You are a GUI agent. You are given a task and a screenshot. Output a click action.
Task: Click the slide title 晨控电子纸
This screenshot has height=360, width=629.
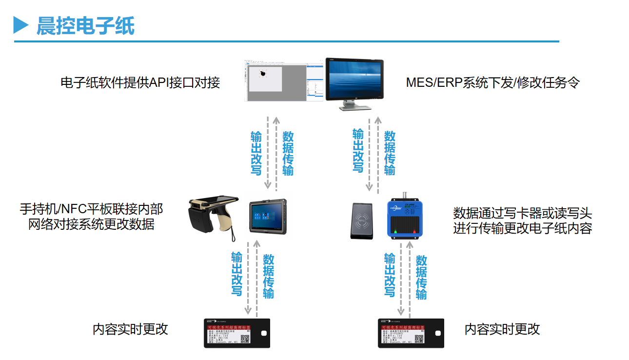click(85, 26)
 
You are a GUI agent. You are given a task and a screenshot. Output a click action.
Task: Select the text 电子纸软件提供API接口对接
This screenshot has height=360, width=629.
click(140, 82)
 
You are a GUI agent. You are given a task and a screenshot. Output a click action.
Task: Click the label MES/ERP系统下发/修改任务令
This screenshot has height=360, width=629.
click(493, 82)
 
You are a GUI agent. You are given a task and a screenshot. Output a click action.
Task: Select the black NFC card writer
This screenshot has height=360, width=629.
click(362, 221)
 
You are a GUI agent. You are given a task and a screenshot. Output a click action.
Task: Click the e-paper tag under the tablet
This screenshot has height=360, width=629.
click(236, 333)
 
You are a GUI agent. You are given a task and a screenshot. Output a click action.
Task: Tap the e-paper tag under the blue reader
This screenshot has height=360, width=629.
click(411, 333)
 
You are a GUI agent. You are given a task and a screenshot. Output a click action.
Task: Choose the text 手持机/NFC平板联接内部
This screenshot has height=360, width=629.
click(91, 209)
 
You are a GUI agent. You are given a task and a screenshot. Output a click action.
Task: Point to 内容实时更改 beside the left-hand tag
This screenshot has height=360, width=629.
click(130, 329)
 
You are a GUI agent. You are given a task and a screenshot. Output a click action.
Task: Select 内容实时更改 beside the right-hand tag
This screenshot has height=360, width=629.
click(502, 329)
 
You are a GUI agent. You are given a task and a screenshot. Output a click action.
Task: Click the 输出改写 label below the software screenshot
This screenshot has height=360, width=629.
click(256, 153)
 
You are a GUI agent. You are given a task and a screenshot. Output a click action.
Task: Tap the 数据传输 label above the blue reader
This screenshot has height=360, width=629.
click(390, 153)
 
